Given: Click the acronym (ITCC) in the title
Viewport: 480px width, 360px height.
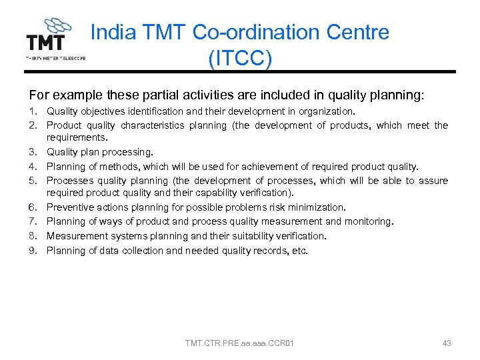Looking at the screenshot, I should pos(240,59).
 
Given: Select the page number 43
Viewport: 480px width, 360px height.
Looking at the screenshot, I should pos(447,343).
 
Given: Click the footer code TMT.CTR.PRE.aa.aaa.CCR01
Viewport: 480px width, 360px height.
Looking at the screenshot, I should pos(240,343).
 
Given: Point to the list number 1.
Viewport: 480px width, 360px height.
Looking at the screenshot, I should pos(33,111).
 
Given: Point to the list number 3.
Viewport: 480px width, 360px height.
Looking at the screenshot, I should pos(33,153).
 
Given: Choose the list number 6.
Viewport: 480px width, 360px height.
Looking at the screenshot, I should pos(33,208).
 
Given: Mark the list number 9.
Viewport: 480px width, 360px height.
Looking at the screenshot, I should pos(33,251).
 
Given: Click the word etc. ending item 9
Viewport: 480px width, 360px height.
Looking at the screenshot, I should pos(300,251).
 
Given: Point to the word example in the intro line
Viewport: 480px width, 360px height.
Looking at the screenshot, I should pos(72,95).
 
